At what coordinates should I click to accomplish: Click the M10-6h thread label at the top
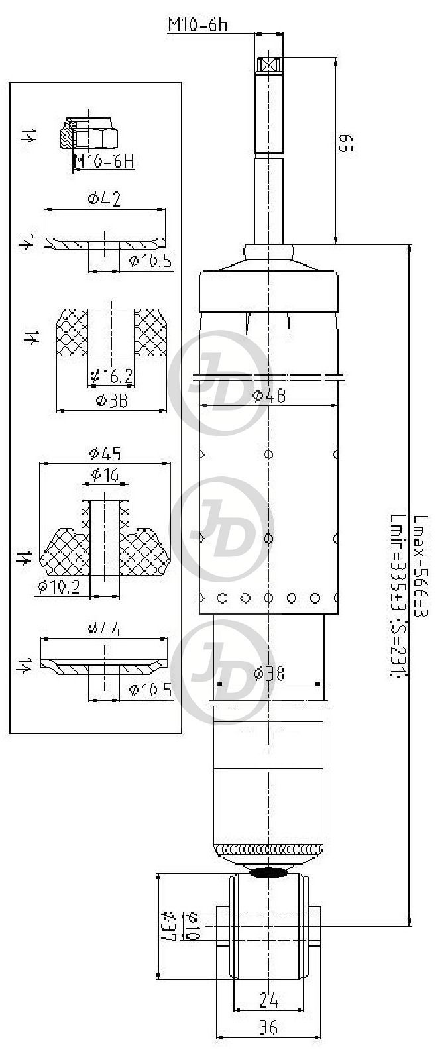coord(197,25)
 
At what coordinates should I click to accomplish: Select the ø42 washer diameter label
coord(105,199)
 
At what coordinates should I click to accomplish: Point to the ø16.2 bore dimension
coord(111,376)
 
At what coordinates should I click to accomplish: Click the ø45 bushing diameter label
coord(105,454)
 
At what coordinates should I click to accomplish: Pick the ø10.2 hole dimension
coord(58,586)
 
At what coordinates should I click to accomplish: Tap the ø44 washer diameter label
coord(105,629)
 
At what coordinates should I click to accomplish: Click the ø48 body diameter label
coord(268,396)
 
